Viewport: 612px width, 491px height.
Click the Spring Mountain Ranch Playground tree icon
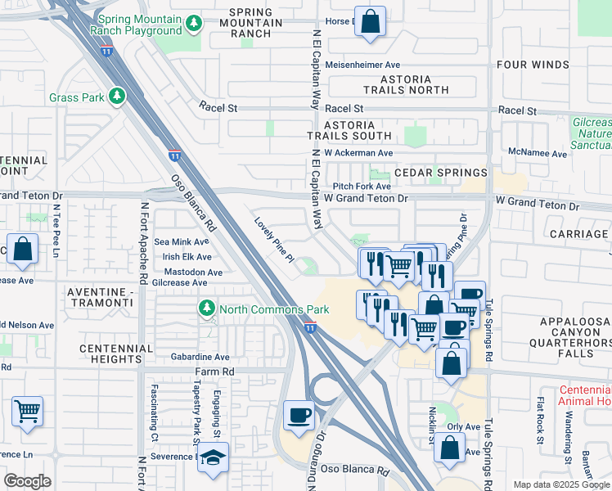pos(194,25)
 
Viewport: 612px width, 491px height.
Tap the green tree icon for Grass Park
pos(117,97)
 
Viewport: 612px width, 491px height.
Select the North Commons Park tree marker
pos(206,309)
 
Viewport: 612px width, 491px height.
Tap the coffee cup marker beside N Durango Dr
pos(299,415)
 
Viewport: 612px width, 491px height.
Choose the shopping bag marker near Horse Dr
pos(371,22)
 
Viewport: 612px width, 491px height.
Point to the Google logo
pos(27,480)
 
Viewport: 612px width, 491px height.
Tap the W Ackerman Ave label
pos(358,153)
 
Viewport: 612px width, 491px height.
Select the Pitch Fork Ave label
pos(362,187)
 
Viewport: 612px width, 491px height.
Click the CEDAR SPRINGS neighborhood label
pos(441,173)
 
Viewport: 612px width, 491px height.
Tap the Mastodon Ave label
pos(193,273)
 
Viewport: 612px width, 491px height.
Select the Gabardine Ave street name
pos(200,357)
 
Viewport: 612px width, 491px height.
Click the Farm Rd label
pos(214,372)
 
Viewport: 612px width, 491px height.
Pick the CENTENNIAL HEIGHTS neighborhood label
pos(116,354)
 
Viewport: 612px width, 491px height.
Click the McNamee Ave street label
pos(538,153)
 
